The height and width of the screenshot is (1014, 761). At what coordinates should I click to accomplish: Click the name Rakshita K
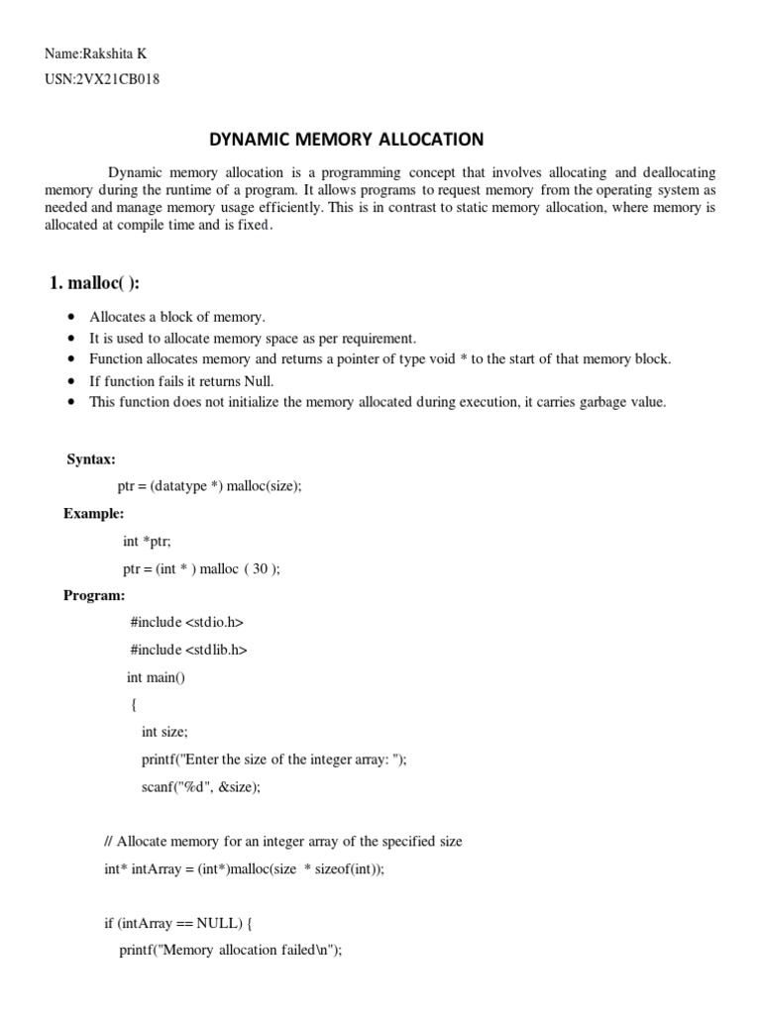pos(116,53)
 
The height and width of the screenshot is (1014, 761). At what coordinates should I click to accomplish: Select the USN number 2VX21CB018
pos(116,79)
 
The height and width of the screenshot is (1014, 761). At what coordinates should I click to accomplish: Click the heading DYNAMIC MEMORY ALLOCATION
pos(346,139)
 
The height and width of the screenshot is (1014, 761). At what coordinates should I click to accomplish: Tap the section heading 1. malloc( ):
pos(94,283)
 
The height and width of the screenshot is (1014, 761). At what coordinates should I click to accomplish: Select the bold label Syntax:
pos(91,459)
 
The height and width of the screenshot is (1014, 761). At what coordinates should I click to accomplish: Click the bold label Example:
pos(94,513)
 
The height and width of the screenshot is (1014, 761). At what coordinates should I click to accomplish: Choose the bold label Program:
pos(94,595)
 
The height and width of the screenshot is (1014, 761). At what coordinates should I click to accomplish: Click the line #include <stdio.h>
pos(186,623)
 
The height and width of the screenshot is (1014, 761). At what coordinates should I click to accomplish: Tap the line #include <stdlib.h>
pos(188,651)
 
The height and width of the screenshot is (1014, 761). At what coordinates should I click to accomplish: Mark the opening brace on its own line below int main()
pos(134,705)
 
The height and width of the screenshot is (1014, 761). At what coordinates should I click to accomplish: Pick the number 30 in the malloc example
pos(260,568)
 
